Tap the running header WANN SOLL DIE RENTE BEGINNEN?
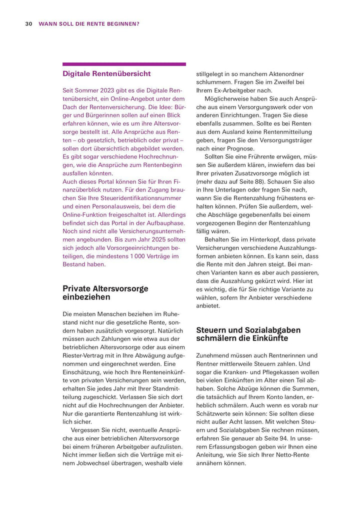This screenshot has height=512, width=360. click(89, 23)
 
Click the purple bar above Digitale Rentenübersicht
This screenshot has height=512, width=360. click(124, 64)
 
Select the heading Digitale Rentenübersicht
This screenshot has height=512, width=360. click(106, 73)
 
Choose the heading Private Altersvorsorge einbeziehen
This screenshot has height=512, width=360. click(105, 292)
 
